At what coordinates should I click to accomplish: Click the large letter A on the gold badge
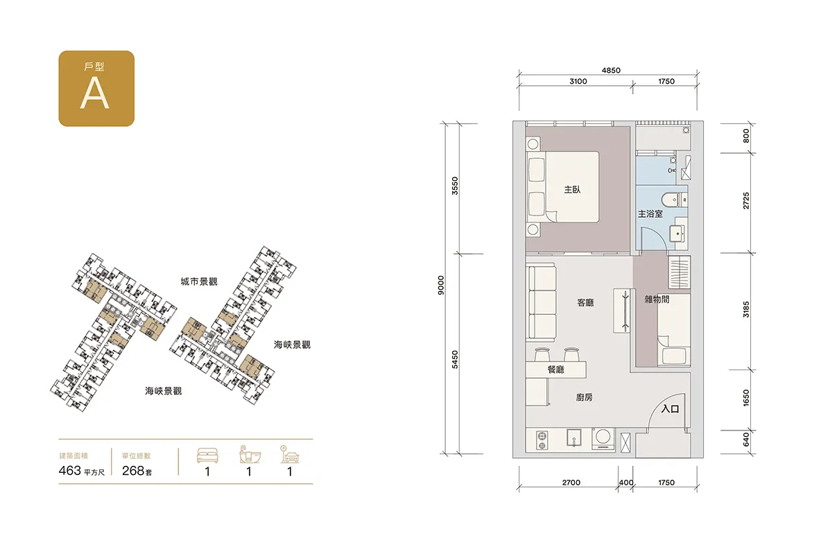[95, 93]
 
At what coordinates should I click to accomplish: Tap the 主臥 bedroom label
[572, 190]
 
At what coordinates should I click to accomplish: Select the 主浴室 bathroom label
[650, 214]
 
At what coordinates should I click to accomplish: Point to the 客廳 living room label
[585, 303]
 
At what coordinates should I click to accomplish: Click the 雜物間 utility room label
[657, 300]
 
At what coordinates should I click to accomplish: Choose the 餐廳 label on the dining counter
[556, 370]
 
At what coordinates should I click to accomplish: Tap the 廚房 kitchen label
[584, 398]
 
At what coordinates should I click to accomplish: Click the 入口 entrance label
[670, 409]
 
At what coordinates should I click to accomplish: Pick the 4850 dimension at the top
[611, 71]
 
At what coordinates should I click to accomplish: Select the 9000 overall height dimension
[441, 285]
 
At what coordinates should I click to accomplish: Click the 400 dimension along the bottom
[626, 483]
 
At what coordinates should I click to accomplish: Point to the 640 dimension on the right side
[746, 440]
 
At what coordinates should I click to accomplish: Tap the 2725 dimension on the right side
[746, 200]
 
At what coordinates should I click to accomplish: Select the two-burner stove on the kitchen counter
[542, 440]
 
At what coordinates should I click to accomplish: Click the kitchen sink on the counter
[574, 437]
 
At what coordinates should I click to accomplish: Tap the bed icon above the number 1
[207, 455]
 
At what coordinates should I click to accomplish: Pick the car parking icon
[290, 454]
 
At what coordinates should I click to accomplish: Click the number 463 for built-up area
[70, 471]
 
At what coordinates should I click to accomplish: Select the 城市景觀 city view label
[199, 281]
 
